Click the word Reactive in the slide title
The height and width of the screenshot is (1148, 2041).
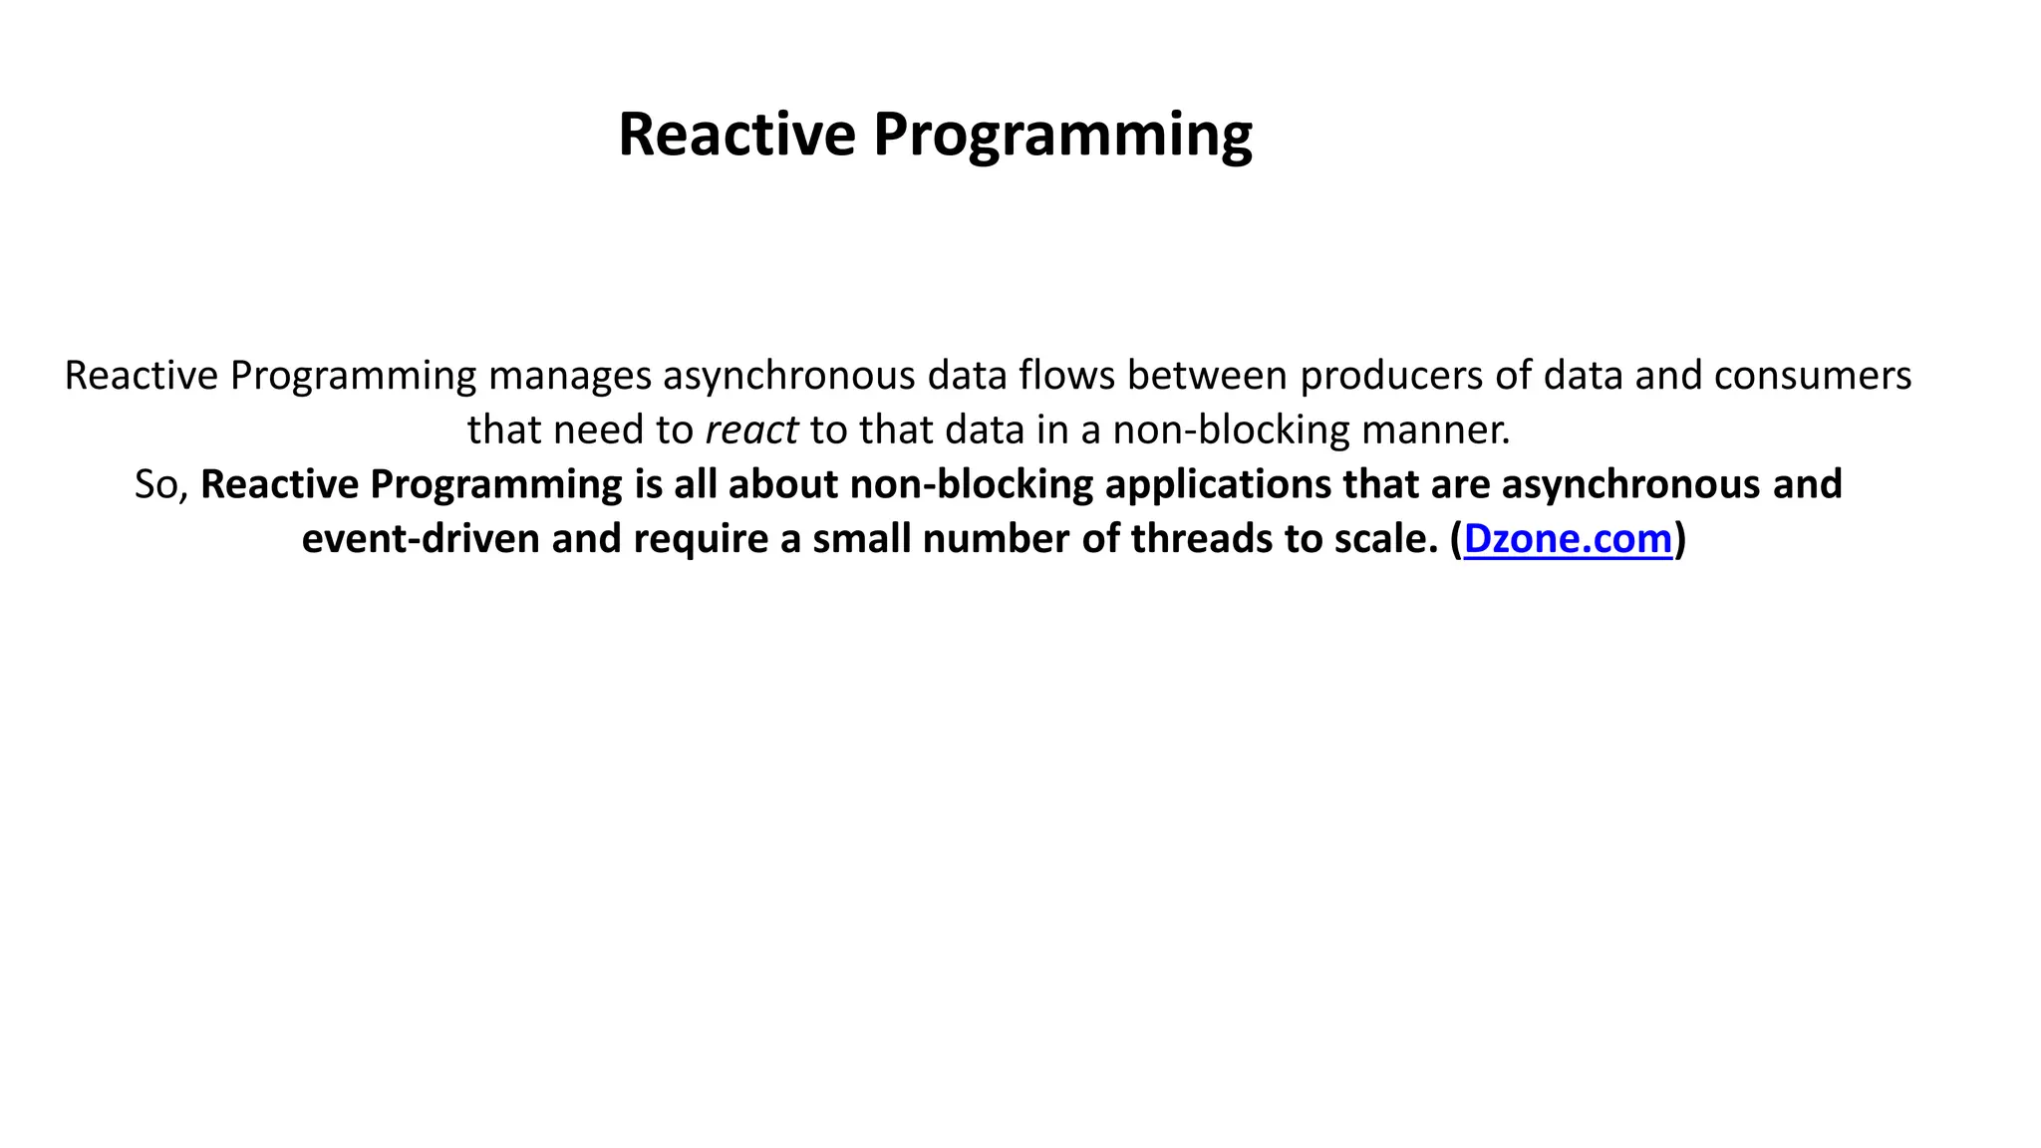736,134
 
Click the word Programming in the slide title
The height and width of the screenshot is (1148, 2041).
1062,136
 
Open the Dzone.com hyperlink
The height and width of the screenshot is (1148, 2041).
1567,539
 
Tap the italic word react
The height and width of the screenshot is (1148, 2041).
751,430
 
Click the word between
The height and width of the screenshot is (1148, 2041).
1208,376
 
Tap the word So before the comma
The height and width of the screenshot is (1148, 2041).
157,485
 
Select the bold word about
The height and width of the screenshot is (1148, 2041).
783,485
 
